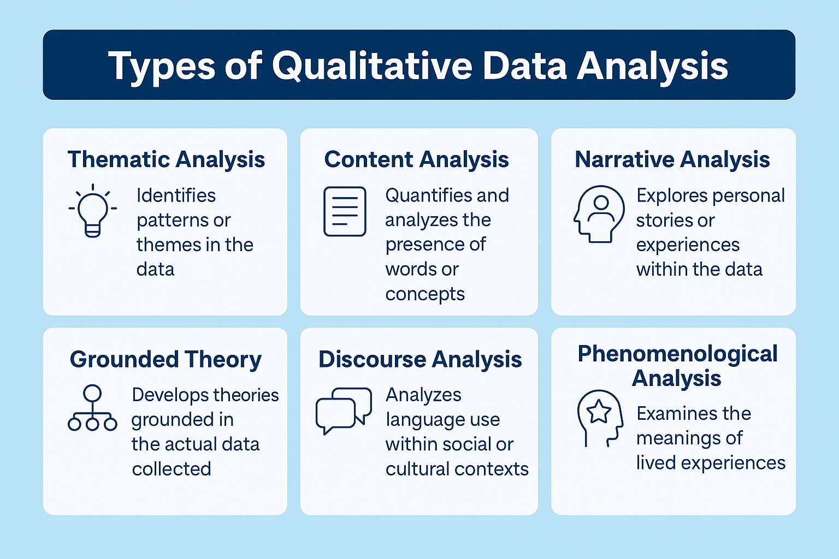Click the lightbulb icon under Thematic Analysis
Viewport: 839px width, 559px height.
click(93, 211)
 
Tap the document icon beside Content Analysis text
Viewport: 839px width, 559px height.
click(345, 211)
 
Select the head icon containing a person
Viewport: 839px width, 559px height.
click(599, 213)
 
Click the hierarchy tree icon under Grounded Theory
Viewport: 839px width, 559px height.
click(92, 408)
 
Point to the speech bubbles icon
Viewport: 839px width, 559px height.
click(344, 410)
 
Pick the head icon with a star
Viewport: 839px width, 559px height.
click(600, 418)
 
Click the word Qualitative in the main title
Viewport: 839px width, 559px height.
click(372, 66)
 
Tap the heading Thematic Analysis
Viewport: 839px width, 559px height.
click(166, 159)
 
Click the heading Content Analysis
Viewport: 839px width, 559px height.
click(416, 159)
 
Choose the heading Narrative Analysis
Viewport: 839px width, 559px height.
click(672, 159)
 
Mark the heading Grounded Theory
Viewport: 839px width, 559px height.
click(166, 359)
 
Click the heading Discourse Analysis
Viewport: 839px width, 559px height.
click(420, 359)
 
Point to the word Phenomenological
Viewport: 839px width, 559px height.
click(677, 354)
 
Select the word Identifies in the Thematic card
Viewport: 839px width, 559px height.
click(176, 195)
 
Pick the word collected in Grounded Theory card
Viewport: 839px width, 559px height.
click(172, 468)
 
